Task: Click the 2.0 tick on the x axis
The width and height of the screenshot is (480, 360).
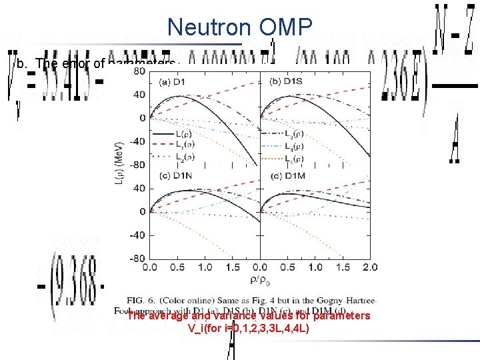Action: tap(369, 267)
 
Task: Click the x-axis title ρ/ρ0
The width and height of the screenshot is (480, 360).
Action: tap(256, 281)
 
